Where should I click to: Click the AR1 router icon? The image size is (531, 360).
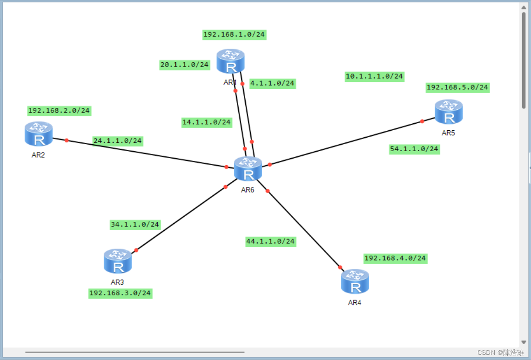click(x=230, y=61)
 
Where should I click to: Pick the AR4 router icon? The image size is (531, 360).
click(x=355, y=281)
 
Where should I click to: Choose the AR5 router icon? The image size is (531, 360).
click(x=449, y=112)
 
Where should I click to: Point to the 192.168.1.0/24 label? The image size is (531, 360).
click(x=235, y=34)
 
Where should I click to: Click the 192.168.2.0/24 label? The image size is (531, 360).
click(x=59, y=111)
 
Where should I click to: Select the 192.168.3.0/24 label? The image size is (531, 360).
click(x=120, y=293)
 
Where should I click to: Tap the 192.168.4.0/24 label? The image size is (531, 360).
click(x=395, y=258)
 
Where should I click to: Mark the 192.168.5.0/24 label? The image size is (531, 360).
click(x=457, y=87)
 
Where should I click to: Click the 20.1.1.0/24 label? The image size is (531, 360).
click(x=185, y=65)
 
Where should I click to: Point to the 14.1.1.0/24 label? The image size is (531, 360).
click(x=207, y=122)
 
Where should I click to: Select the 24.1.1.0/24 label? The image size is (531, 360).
click(x=118, y=140)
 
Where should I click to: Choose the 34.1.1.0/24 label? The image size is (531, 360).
click(x=135, y=225)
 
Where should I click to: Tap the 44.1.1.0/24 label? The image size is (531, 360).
click(x=270, y=241)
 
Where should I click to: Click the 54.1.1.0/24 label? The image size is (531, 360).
click(x=414, y=149)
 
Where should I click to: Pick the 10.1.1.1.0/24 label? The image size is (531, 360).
click(x=374, y=76)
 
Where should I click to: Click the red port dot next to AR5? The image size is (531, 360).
click(x=422, y=121)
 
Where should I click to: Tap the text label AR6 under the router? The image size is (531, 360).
click(x=248, y=190)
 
